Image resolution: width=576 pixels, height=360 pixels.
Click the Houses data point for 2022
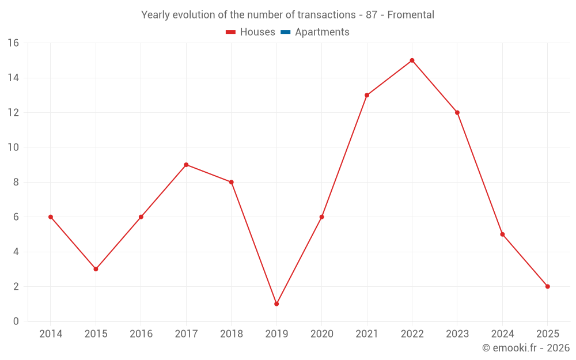point(412,60)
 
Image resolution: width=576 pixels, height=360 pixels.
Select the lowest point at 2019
point(276,304)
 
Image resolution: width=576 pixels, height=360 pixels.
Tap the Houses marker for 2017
point(186,165)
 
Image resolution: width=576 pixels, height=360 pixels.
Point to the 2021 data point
point(367,95)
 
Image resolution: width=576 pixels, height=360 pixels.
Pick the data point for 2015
point(96,269)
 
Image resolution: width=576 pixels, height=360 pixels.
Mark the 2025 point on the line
point(547,286)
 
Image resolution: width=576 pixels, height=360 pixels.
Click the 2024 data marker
point(502,234)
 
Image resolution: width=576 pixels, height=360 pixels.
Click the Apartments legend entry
point(322,32)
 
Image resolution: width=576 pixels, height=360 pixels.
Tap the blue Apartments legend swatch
point(285,32)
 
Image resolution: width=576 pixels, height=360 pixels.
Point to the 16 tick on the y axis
point(13,43)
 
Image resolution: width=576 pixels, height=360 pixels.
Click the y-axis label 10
point(13,147)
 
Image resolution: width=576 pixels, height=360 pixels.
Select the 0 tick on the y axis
point(16,321)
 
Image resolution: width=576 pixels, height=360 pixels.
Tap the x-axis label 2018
point(231,334)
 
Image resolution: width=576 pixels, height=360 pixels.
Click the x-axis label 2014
point(51,334)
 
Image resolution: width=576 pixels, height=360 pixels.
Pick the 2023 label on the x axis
point(457,334)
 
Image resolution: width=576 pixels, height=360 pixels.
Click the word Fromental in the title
point(411,15)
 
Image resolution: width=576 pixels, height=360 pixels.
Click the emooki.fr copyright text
point(526,348)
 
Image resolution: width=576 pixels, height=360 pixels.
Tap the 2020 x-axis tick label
point(321,334)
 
